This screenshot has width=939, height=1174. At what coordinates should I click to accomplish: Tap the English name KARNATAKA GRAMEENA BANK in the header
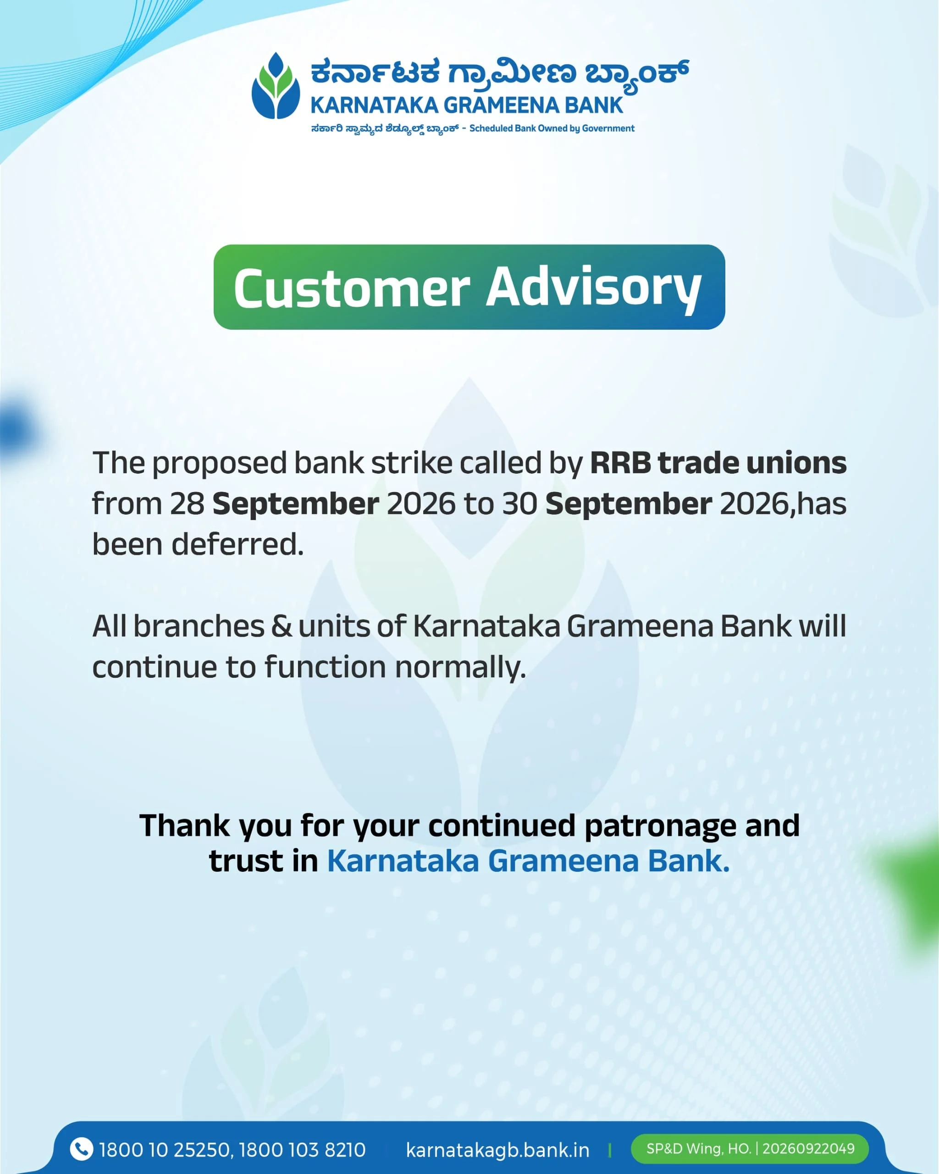coord(466,105)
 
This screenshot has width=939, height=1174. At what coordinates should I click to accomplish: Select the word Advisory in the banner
coord(593,288)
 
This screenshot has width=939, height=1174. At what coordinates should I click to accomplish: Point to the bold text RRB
coord(620,463)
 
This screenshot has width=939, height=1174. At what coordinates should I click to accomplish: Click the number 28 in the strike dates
coord(187,504)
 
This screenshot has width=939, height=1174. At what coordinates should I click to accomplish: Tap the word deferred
coord(238,544)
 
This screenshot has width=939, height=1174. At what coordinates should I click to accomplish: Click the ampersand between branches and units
coord(282,626)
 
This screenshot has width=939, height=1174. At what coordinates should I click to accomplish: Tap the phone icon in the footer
coord(82,1150)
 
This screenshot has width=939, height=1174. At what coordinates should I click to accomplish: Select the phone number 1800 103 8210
coord(302,1150)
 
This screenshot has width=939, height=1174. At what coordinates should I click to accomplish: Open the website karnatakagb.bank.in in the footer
coord(497,1150)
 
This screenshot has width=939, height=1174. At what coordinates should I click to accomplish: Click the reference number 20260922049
coord(808,1148)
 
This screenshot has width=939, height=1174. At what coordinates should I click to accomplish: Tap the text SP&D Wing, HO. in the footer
coord(698,1148)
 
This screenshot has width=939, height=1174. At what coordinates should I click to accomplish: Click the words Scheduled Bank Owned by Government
coord(552,128)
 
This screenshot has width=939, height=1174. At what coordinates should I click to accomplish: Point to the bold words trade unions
coord(752,463)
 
